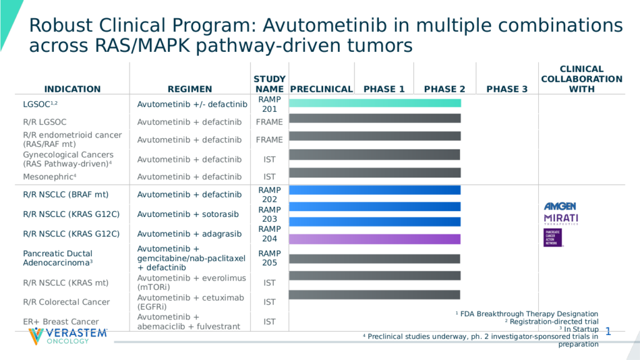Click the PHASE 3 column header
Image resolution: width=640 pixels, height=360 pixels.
[x=507, y=89]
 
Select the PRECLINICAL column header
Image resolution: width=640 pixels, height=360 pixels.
[x=321, y=89]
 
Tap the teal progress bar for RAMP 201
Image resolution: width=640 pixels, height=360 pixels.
[x=375, y=103]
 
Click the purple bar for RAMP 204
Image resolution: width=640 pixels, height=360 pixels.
[x=375, y=239]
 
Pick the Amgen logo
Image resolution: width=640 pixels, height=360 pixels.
[x=560, y=206]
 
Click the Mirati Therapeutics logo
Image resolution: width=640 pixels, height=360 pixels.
[x=561, y=219]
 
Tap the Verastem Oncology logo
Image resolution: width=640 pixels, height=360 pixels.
[x=68, y=336]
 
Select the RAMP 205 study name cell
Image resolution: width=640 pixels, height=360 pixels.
[x=269, y=258]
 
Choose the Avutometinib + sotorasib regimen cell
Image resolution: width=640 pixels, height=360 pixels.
[x=187, y=214]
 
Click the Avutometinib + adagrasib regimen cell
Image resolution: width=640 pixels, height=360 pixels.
[x=189, y=234]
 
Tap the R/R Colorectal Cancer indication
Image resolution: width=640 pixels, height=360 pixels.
[x=66, y=302]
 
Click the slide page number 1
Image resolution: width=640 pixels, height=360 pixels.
[x=607, y=332]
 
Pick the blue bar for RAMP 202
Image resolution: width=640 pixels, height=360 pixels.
[x=375, y=190]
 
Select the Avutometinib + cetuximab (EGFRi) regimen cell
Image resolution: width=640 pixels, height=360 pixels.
[x=192, y=302]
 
